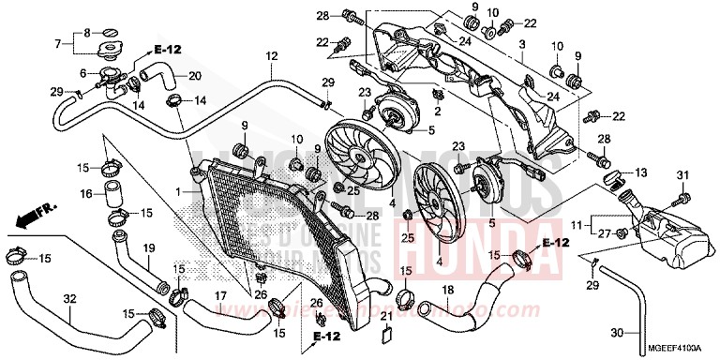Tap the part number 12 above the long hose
click(271, 57)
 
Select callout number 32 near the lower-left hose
click(69, 299)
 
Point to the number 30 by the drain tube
click(616, 332)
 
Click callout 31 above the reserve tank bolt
click(682, 175)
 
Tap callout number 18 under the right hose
click(448, 290)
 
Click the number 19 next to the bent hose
click(148, 247)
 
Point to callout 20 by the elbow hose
click(194, 76)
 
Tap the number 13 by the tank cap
click(640, 174)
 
